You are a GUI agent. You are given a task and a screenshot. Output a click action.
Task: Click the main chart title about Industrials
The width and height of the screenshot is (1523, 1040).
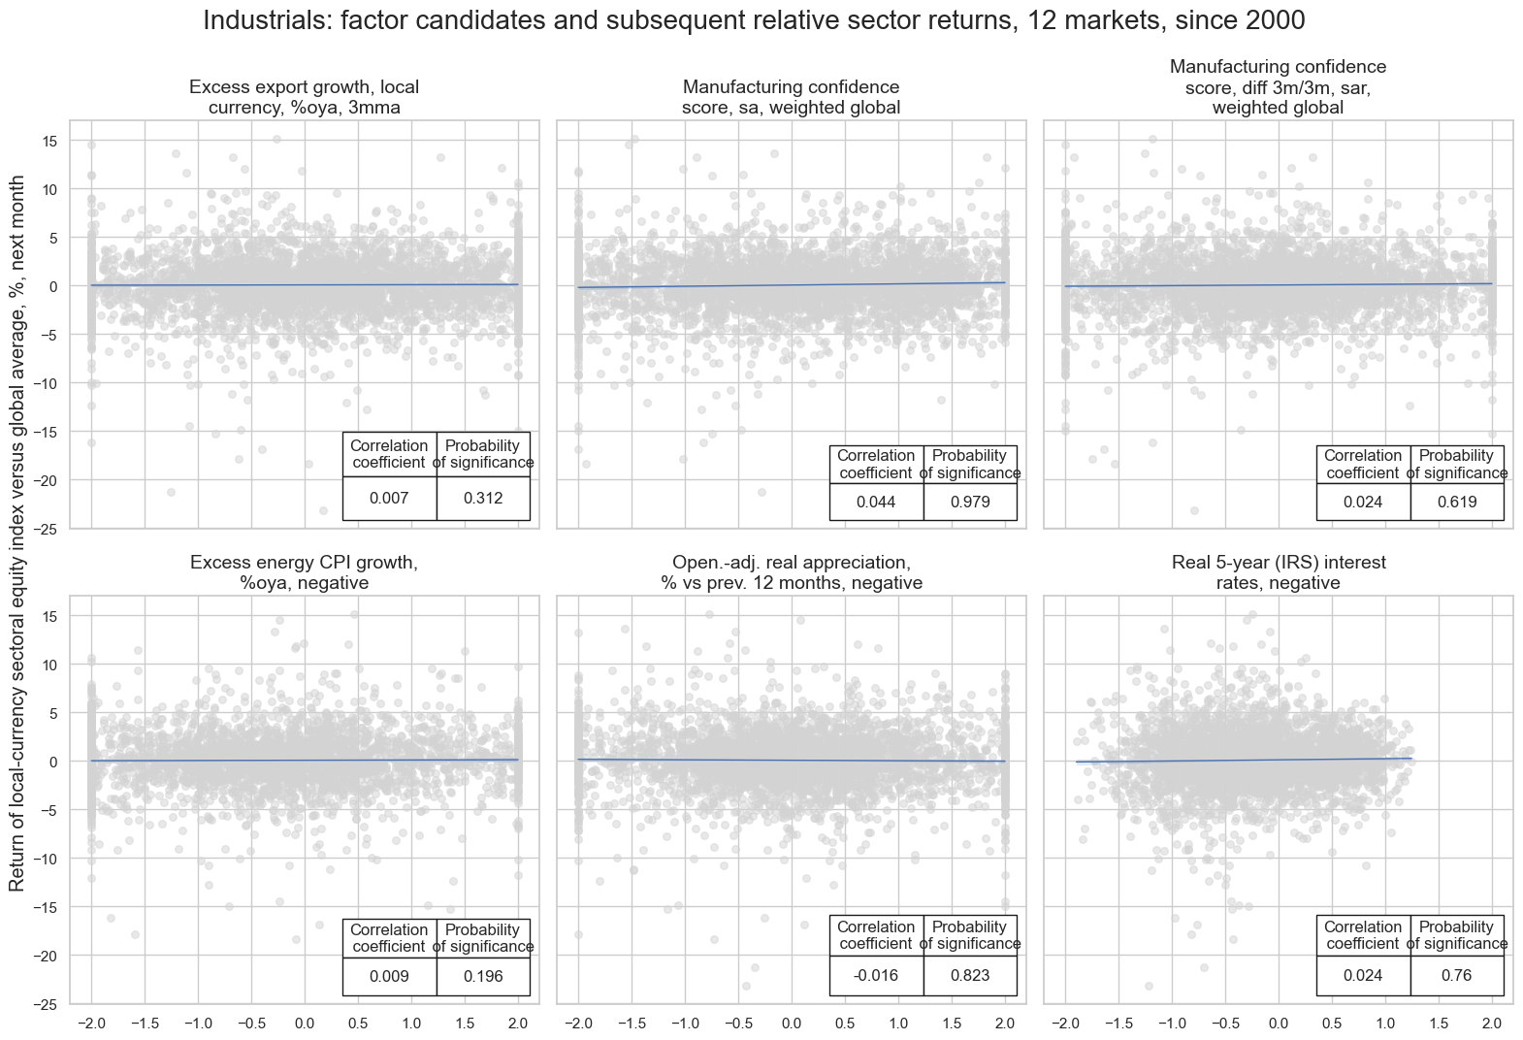(761, 20)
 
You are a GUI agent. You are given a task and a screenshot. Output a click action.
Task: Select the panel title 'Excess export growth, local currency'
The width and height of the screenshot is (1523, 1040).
(304, 98)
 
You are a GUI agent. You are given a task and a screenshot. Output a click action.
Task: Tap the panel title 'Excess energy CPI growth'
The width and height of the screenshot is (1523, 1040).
(304, 572)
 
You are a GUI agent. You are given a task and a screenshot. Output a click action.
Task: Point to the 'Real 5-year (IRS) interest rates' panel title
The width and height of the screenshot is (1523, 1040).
(1278, 572)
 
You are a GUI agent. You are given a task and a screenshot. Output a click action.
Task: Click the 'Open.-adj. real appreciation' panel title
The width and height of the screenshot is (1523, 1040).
(791, 572)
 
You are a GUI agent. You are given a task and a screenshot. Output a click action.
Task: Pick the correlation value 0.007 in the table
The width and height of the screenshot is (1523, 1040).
(389, 499)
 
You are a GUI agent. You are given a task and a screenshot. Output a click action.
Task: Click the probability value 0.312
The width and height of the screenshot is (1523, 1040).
(483, 499)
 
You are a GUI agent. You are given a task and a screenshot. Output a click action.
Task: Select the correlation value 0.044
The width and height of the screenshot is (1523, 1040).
(876, 503)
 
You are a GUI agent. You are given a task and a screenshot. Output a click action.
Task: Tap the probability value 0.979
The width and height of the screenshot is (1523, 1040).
(970, 503)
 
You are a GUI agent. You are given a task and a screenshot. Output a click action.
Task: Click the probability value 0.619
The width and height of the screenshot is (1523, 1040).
(1457, 503)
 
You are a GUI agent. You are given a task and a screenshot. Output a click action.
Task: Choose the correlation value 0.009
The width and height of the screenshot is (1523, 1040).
(389, 976)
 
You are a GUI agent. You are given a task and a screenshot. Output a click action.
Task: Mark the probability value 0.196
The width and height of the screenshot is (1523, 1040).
(483, 976)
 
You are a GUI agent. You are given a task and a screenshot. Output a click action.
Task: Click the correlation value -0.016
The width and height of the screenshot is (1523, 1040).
(876, 976)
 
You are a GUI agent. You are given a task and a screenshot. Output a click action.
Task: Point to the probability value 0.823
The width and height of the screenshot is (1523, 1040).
(970, 976)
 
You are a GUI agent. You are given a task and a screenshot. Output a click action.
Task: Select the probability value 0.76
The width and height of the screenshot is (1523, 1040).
(1457, 976)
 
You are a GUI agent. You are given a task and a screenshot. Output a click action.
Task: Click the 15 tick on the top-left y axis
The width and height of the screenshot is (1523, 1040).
(49, 141)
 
